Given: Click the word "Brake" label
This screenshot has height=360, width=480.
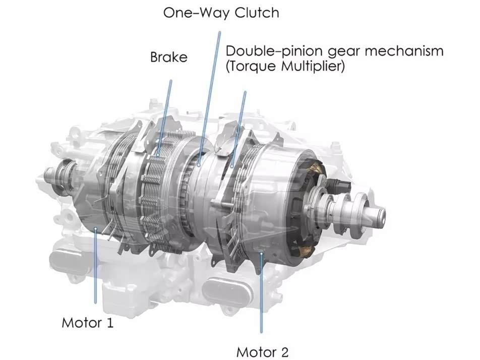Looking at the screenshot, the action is point(169,57).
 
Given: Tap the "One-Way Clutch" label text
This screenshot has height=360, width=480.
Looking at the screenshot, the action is point(221,13).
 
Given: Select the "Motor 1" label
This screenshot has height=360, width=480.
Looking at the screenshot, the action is point(87,323).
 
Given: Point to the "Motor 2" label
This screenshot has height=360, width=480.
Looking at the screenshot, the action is point(262,352).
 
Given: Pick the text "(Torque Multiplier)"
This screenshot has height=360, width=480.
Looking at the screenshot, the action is point(285,66).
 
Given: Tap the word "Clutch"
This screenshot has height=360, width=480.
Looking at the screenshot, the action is point(257,13).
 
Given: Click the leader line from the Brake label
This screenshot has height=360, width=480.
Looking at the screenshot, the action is point(165,117).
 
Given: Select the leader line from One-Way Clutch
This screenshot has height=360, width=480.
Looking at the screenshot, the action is point(209,98).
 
